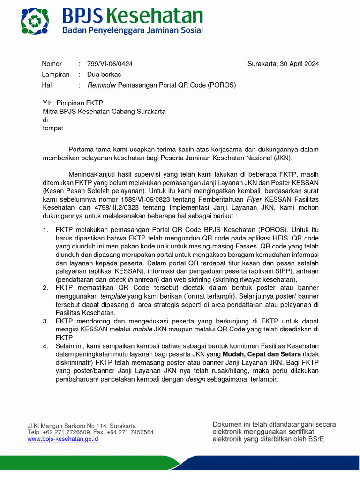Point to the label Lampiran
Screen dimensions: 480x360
tap(55, 75)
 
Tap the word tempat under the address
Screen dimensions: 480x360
tap(52, 128)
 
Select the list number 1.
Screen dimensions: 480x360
tap(45, 230)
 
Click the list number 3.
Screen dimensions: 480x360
tap(45, 321)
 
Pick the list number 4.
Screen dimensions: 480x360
tap(45, 346)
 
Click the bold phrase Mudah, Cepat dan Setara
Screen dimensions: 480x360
tap(262, 354)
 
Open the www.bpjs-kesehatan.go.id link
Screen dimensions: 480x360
tap(63, 439)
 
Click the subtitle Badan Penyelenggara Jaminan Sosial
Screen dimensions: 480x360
tap(133, 30)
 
